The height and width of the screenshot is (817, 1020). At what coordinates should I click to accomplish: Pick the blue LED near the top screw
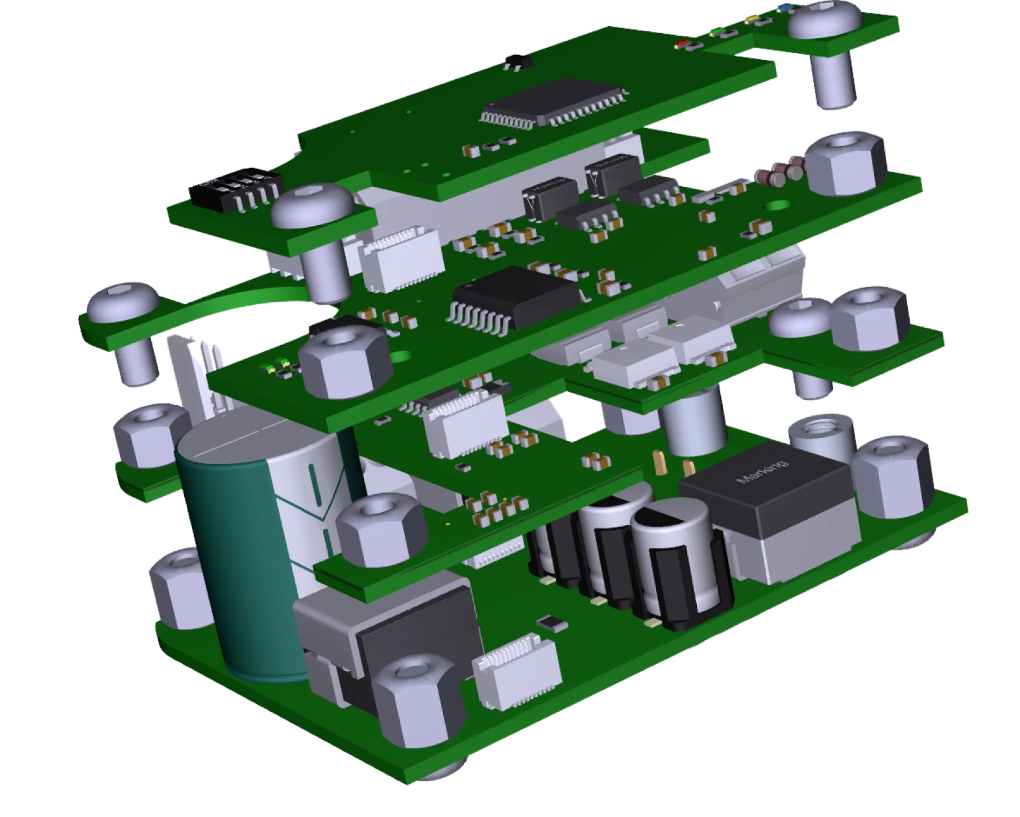tap(783, 7)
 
